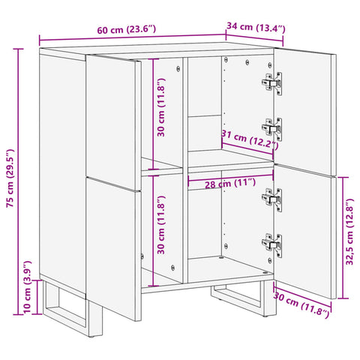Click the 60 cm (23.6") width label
pos(126,31)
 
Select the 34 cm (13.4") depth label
pos(256,28)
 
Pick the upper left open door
pos(113,112)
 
